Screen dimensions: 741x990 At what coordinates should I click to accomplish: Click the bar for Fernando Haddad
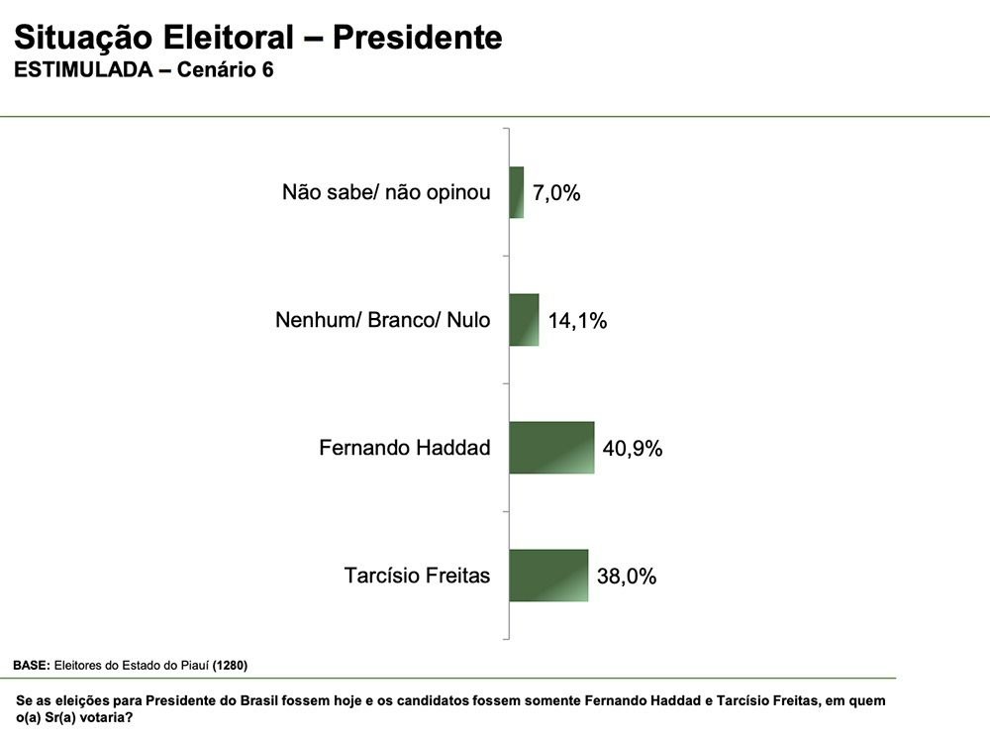click(551, 448)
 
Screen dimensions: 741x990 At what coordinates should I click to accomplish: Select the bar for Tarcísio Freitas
click(548, 576)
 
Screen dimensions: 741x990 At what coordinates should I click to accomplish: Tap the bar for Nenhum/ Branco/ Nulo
click(524, 320)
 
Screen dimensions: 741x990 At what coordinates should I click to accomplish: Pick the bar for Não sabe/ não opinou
click(517, 192)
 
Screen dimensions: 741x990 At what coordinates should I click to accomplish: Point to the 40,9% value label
click(633, 449)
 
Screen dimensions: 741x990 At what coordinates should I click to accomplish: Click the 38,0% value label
click(627, 577)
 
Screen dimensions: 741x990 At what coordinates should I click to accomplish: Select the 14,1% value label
click(577, 321)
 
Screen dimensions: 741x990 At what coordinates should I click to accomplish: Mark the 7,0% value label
click(556, 193)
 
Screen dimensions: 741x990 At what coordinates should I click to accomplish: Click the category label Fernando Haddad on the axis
click(404, 448)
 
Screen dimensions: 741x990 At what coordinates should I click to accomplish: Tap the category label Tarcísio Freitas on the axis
click(417, 576)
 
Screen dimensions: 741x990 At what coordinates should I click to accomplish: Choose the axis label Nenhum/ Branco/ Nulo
click(382, 320)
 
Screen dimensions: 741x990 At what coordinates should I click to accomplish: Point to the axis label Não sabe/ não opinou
click(386, 192)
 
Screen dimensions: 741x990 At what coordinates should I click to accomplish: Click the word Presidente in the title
click(417, 38)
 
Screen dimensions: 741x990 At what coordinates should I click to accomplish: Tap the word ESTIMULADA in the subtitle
click(83, 71)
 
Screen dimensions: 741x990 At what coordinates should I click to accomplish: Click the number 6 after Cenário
click(267, 71)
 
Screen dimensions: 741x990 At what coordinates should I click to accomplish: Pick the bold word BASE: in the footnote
click(31, 665)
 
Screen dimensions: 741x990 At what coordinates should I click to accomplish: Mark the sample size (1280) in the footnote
click(230, 665)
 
